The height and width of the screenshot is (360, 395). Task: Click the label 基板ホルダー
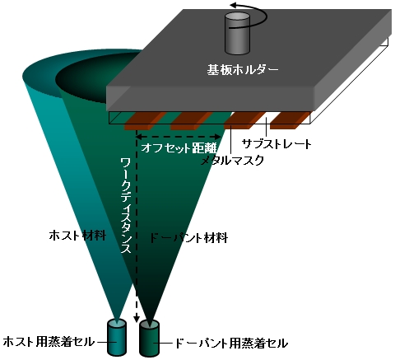pos(243,69)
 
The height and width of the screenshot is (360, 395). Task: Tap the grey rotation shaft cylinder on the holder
pos(237,33)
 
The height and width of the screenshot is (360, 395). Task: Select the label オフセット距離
pos(179,147)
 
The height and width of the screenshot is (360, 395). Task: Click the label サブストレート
pos(276,144)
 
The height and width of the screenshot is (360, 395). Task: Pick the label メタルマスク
pos(232,160)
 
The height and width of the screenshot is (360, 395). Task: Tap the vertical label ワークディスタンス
pos(127,205)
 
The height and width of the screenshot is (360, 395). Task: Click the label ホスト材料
pos(78,236)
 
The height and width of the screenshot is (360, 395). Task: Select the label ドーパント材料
pos(188,238)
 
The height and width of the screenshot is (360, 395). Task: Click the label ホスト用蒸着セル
pos(49,342)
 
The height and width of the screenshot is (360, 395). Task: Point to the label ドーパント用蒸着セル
pos(231,344)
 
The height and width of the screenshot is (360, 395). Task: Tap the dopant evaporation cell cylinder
pos(149,339)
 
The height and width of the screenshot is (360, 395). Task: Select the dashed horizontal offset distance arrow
pos(179,137)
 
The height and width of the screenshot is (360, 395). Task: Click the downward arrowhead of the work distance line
pos(137,319)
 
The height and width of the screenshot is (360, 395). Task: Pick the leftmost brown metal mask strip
pos(145,121)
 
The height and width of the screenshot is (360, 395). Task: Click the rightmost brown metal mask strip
pos(290,120)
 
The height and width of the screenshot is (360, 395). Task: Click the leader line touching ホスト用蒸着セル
pos(106,342)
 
